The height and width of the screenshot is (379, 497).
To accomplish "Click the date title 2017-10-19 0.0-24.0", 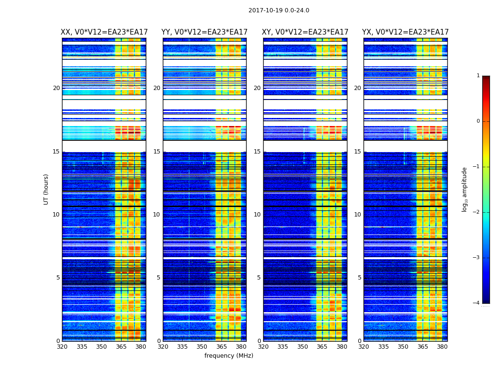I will pyautogui.click(x=279, y=10).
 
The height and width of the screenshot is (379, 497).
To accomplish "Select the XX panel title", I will pyautogui.click(x=104, y=32).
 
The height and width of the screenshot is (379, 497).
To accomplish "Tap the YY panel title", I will pyautogui.click(x=204, y=32).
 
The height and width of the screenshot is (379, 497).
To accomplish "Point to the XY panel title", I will pyautogui.click(x=305, y=32).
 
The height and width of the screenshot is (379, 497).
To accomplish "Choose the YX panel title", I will pyautogui.click(x=405, y=32).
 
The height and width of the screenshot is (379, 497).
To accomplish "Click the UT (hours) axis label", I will pyautogui.click(x=46, y=189).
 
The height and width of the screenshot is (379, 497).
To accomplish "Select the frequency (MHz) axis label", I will pyautogui.click(x=229, y=356).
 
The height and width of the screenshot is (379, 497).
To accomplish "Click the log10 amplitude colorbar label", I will pyautogui.click(x=465, y=189).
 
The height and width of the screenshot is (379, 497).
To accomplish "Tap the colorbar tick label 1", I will pyautogui.click(x=478, y=76).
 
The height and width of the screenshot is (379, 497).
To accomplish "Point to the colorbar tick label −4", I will pyautogui.click(x=477, y=303).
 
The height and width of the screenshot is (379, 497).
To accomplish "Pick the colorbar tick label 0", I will pyautogui.click(x=478, y=121).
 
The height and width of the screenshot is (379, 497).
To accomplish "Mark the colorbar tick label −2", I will pyautogui.click(x=477, y=212).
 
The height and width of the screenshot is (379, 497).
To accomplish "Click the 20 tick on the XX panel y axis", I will pyautogui.click(x=56, y=88).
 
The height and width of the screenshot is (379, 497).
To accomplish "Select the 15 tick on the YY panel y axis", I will pyautogui.click(x=157, y=152).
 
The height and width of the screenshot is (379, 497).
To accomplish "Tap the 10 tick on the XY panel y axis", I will pyautogui.click(x=257, y=215).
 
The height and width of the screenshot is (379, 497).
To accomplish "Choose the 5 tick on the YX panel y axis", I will pyautogui.click(x=359, y=278).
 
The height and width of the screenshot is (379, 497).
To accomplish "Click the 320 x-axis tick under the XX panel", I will pyautogui.click(x=62, y=347).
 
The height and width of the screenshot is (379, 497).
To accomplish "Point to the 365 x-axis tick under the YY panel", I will pyautogui.click(x=222, y=347).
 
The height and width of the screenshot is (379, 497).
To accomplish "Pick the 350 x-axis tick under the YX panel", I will pyautogui.click(x=403, y=347).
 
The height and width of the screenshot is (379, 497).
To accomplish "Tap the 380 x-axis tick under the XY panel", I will pyautogui.click(x=342, y=347).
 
